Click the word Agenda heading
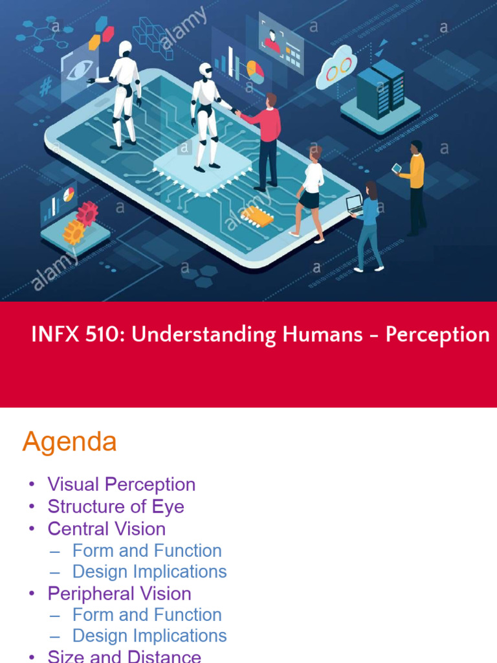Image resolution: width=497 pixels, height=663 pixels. tap(69, 442)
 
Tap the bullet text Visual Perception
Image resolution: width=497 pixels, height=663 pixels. tap(121, 484)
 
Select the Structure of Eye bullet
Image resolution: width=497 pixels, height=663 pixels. tap(116, 506)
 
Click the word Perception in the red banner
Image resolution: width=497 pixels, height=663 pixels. tap(437, 335)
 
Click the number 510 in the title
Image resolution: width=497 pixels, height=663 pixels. tap(98, 335)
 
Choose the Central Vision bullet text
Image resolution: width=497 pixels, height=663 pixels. tap(106, 528)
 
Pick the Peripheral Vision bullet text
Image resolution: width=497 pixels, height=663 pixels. tap(119, 593)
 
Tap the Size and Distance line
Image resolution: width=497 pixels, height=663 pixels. tap(124, 656)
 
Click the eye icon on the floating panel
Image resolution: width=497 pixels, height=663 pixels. tap(80, 69)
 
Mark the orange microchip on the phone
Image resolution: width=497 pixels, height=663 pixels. tap(257, 216)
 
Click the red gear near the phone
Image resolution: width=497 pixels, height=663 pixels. tap(86, 212)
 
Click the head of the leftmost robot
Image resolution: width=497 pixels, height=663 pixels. tap(125, 48)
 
